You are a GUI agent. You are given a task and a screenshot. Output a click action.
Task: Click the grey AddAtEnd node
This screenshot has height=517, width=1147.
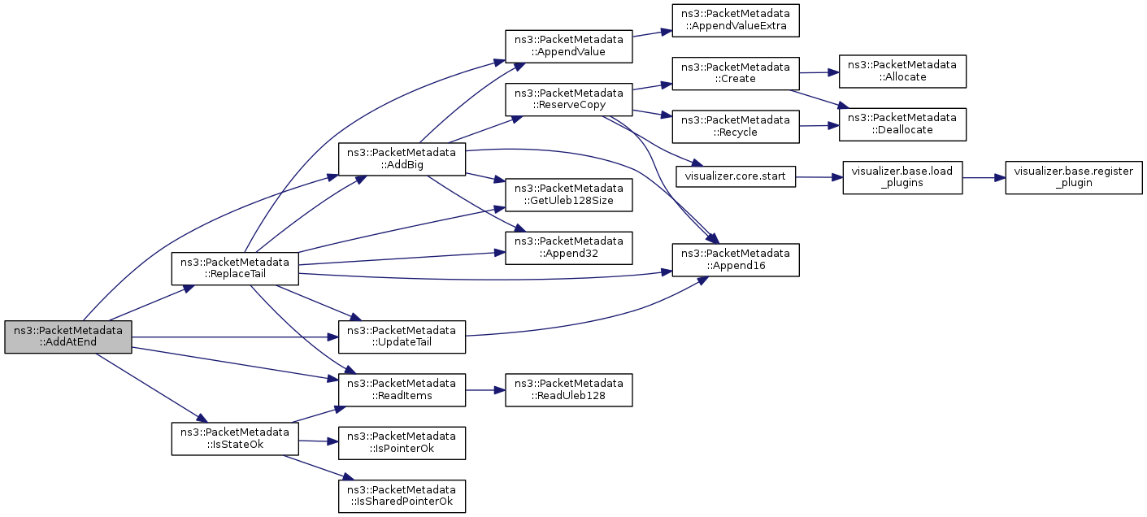click(x=68, y=337)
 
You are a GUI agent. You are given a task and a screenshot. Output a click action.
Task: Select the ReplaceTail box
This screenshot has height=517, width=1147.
click(x=235, y=268)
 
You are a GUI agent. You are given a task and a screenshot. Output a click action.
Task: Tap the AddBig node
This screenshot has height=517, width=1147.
click(x=402, y=159)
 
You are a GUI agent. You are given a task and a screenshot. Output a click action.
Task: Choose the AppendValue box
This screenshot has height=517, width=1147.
click(x=569, y=46)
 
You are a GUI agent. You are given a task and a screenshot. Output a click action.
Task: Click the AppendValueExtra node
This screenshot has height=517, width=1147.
click(x=736, y=20)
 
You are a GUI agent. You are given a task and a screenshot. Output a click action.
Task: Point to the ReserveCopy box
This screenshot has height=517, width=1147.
click(x=569, y=99)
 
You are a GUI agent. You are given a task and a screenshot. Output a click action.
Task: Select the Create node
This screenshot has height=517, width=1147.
click(x=736, y=73)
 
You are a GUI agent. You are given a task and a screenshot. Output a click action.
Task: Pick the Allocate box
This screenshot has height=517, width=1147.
click(x=903, y=72)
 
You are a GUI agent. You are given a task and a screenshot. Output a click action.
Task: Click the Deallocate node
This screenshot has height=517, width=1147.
click(x=903, y=124)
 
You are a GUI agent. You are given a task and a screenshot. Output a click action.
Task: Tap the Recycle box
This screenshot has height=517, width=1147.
click(x=736, y=127)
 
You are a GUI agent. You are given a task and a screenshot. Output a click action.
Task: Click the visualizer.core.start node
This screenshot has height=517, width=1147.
click(x=736, y=176)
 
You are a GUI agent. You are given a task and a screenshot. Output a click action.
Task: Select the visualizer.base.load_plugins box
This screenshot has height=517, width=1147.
click(x=903, y=178)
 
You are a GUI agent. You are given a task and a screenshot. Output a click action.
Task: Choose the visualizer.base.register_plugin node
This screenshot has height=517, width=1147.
click(x=1074, y=178)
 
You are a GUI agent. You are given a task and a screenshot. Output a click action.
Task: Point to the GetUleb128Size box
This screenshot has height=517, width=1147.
click(x=569, y=195)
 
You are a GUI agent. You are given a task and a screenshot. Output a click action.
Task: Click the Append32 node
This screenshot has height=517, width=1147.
click(x=569, y=248)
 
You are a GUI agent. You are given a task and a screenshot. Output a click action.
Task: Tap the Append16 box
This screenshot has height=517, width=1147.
click(x=736, y=260)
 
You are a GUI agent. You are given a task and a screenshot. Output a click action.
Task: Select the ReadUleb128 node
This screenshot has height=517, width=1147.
click(x=569, y=390)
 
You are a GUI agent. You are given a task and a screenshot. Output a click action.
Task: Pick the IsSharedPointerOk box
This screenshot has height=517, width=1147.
click(x=402, y=496)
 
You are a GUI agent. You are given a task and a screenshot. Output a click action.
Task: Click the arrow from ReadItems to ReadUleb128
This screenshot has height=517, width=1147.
click(x=485, y=390)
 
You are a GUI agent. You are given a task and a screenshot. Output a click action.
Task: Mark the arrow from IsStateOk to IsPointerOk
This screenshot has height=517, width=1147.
click(x=319, y=441)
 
